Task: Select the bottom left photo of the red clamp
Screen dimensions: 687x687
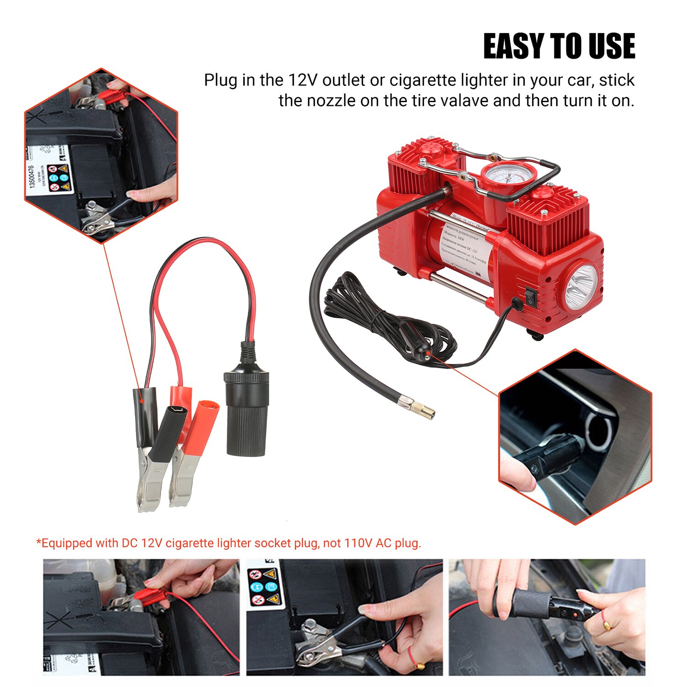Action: [141, 617]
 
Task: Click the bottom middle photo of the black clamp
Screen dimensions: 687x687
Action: [344, 617]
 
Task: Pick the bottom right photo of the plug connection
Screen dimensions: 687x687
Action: [546, 617]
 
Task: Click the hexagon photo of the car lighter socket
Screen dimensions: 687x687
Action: [575, 437]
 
